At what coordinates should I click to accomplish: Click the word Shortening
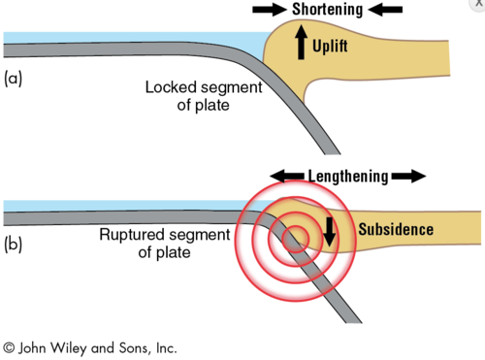(x=328, y=11)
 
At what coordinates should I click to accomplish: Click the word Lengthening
(x=347, y=177)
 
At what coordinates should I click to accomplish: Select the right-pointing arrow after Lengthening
(x=409, y=177)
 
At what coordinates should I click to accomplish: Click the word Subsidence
(x=396, y=230)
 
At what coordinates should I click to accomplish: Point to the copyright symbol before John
(x=10, y=346)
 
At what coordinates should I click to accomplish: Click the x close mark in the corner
(x=476, y=5)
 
